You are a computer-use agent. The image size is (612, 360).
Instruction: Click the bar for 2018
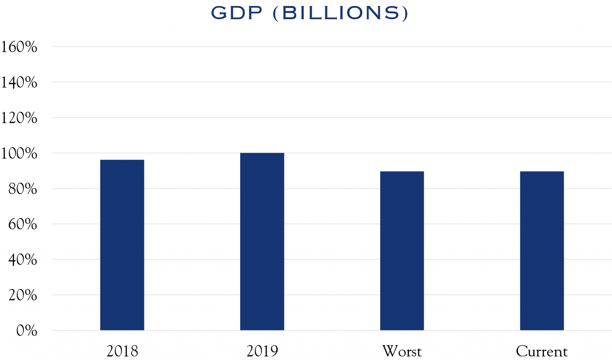(122, 245)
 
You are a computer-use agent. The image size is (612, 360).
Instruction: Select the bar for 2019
(262, 241)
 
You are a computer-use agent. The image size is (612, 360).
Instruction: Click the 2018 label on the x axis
(122, 351)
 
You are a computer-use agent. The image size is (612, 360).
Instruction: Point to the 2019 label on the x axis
(262, 351)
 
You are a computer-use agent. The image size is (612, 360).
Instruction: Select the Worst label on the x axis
(402, 351)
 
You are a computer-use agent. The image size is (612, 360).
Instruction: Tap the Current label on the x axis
(541, 351)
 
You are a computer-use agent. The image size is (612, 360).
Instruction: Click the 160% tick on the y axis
(19, 47)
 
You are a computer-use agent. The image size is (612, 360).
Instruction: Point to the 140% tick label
(19, 83)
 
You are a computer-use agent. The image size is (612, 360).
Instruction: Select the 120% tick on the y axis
(19, 118)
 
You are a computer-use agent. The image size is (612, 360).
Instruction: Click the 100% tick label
(19, 153)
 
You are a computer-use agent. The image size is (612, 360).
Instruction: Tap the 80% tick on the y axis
(23, 189)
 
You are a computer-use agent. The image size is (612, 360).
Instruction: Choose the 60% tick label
(23, 224)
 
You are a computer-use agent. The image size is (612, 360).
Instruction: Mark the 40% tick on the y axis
(23, 260)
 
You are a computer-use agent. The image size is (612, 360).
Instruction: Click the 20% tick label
(23, 295)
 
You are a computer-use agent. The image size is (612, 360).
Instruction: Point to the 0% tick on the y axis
(27, 331)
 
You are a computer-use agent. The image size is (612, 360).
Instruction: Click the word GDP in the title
(237, 13)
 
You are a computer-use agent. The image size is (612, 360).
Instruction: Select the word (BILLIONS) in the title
(341, 13)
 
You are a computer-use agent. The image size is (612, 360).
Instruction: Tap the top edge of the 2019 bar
(262, 153)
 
